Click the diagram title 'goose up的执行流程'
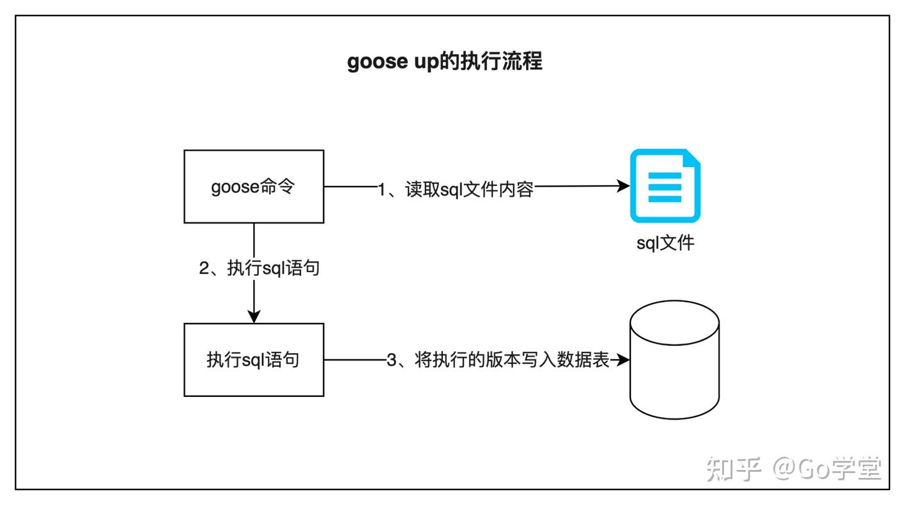click(x=444, y=62)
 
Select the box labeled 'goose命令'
click(x=253, y=187)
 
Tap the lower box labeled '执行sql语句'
click(x=253, y=360)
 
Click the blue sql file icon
click(x=665, y=186)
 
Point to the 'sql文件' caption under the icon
click(x=665, y=242)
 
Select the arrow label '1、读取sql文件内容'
click(x=455, y=188)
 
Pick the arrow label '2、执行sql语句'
click(x=259, y=268)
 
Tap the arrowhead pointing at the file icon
click(x=623, y=186)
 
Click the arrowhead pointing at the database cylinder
click(x=623, y=360)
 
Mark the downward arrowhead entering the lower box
click(x=253, y=317)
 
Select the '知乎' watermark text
click(x=733, y=469)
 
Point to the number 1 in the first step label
click(x=381, y=189)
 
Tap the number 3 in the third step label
click(x=391, y=361)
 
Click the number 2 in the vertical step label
click(x=204, y=269)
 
